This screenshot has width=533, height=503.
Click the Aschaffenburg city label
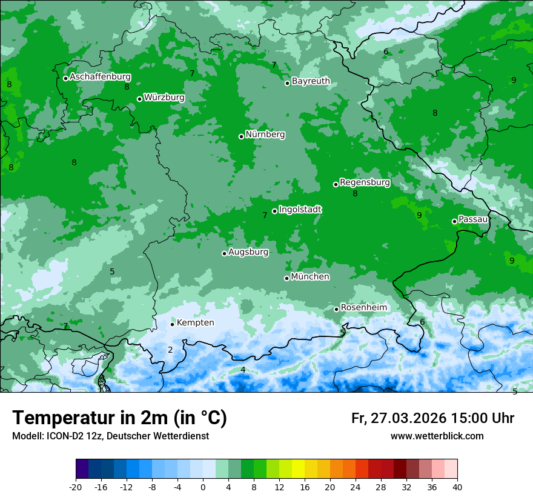pyautogui.click(x=100, y=77)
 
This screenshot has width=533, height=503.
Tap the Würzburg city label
pyautogui.click(x=164, y=98)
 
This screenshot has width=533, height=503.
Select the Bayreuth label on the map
pyautogui.click(x=311, y=81)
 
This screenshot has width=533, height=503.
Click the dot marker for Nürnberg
pyautogui.click(x=241, y=136)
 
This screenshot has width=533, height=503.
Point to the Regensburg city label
pyautogui.click(x=365, y=182)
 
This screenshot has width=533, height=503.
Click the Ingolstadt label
pyautogui.click(x=300, y=210)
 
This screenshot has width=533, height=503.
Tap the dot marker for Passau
pyautogui.click(x=454, y=221)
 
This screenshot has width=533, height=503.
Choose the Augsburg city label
pyautogui.click(x=248, y=252)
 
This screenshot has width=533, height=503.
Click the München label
pyautogui.click(x=310, y=277)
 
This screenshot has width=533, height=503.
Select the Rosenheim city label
pyautogui.click(x=363, y=308)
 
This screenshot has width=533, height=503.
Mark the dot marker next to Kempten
pyautogui.click(x=172, y=324)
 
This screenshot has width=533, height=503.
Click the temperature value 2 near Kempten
pyautogui.click(x=170, y=350)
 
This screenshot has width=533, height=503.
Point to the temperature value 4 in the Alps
pyautogui.click(x=243, y=370)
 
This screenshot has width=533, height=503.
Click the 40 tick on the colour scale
pyautogui.click(x=457, y=487)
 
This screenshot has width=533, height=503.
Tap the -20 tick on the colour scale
pyautogui.click(x=76, y=487)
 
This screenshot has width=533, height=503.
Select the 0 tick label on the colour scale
pyautogui.click(x=203, y=487)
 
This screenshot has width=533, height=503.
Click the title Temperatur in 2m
pyautogui.click(x=119, y=418)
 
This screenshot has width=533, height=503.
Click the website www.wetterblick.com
pyautogui.click(x=437, y=436)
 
